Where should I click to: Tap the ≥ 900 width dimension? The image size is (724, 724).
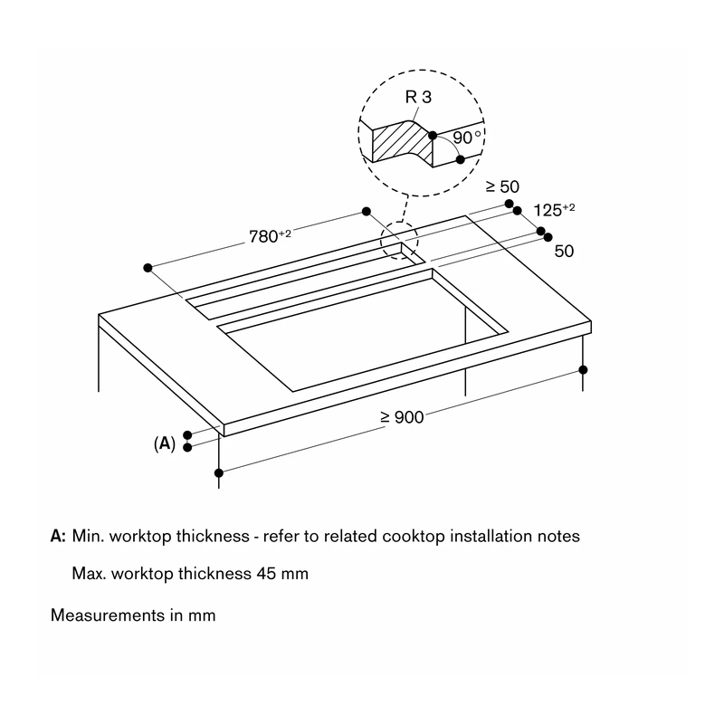click(x=402, y=417)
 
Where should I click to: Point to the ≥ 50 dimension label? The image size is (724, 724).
click(x=503, y=186)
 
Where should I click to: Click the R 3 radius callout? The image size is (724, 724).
click(x=418, y=97)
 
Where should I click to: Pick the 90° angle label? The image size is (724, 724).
click(x=467, y=138)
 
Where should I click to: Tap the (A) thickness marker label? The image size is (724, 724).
click(x=165, y=443)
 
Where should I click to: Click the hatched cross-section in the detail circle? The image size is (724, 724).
click(x=402, y=142)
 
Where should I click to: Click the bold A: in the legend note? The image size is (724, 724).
click(x=58, y=536)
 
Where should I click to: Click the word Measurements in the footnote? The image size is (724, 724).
click(x=107, y=615)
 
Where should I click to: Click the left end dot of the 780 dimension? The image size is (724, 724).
click(x=148, y=268)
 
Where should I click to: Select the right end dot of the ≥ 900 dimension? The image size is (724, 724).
click(x=583, y=370)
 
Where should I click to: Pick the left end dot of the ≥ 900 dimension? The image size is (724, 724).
click(x=219, y=472)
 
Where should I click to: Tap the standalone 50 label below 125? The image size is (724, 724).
click(x=564, y=252)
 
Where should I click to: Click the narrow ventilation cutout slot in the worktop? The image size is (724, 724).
click(x=305, y=281)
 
